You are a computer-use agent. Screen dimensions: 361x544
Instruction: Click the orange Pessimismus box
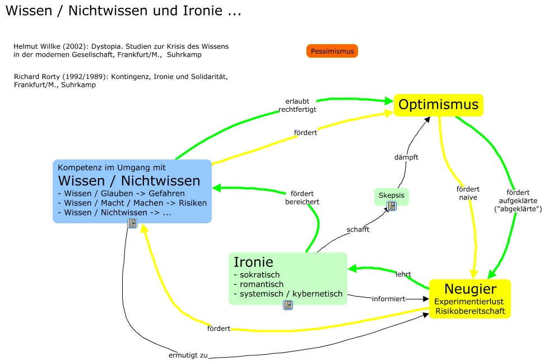pos(332,51)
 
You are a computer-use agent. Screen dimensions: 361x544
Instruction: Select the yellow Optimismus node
pos(438,105)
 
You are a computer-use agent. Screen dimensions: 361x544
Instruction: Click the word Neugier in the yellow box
pos(470,289)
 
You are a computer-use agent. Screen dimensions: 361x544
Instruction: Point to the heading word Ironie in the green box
pos(253,262)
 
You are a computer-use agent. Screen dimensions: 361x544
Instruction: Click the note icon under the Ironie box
pos(287,305)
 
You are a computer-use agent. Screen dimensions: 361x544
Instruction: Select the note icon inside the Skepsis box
pos(392,205)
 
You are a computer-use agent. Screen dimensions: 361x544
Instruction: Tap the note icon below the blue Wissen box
pos(132,223)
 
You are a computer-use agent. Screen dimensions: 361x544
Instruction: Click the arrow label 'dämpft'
pos(406,157)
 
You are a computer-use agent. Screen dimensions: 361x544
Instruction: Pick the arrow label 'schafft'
pos(358,229)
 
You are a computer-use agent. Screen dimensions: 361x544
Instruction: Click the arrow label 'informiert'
pos(388,299)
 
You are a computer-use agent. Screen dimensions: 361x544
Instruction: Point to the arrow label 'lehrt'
pos(403,274)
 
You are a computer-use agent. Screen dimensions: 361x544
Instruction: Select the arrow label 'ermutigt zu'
pos(188,355)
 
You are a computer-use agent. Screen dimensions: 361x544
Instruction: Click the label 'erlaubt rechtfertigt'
pos(297,105)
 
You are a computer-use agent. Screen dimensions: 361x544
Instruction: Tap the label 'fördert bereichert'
pos(302,198)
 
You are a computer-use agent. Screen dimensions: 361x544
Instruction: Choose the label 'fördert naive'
pos(468,193)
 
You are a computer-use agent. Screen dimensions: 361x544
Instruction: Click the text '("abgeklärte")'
pos(518,209)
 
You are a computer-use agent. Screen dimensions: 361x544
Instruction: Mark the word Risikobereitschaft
pos(470,311)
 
